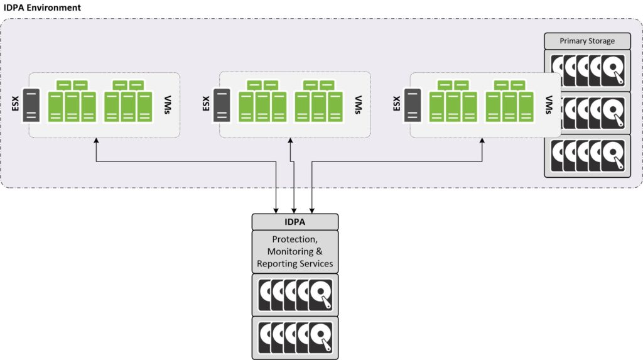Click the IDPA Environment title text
click(43, 8)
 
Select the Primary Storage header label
click(587, 41)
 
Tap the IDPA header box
click(295, 222)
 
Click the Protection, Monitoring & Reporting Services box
click(295, 251)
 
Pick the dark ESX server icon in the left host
click(32, 105)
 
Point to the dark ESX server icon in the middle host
click(222, 105)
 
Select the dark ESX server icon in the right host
click(412, 105)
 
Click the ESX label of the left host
click(16, 104)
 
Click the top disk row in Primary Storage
click(587, 71)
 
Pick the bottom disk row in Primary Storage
click(587, 155)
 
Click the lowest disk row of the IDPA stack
click(295, 337)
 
